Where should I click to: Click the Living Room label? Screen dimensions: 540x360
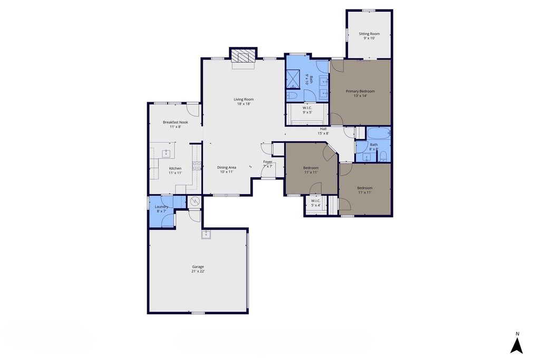click(x=244, y=100)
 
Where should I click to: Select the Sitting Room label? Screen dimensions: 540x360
click(x=369, y=34)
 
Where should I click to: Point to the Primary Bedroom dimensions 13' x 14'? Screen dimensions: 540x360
click(x=360, y=96)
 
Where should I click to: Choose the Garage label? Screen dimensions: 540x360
click(x=198, y=267)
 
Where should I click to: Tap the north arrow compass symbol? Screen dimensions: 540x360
click(x=517, y=346)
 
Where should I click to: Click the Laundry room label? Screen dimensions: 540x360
click(x=161, y=207)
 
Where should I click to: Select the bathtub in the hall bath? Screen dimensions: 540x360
click(x=379, y=133)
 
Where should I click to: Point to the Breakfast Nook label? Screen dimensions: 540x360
click(x=175, y=122)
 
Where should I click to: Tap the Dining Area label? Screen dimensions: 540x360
click(x=227, y=168)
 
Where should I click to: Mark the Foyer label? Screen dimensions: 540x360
click(x=267, y=162)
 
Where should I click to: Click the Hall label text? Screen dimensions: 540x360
click(x=323, y=129)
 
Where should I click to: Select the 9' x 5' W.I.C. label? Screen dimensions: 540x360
click(x=307, y=112)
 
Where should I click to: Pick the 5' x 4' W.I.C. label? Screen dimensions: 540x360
click(x=316, y=206)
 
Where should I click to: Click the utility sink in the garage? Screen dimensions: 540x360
click(x=206, y=235)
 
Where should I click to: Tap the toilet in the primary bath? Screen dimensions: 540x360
click(x=292, y=95)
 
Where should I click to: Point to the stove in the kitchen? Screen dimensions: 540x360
click(x=197, y=166)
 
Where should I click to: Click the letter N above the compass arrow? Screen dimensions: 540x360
click(x=517, y=334)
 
